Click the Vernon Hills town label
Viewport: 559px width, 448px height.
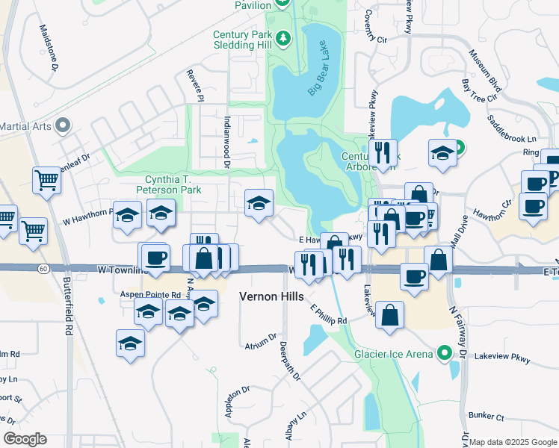pyautogui.click(x=271, y=296)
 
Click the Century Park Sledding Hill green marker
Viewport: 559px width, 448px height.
pyautogui.click(x=283, y=37)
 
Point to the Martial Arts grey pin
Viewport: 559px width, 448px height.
pyautogui.click(x=63, y=125)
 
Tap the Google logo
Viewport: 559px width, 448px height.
pyautogui.click(x=25, y=439)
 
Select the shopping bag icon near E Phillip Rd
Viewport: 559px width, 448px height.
pyautogui.click(x=390, y=315)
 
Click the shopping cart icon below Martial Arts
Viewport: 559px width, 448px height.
pyautogui.click(x=46, y=180)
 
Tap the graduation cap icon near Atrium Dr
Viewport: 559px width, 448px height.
pyautogui.click(x=131, y=343)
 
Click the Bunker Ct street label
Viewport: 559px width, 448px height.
pyautogui.click(x=487, y=414)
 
